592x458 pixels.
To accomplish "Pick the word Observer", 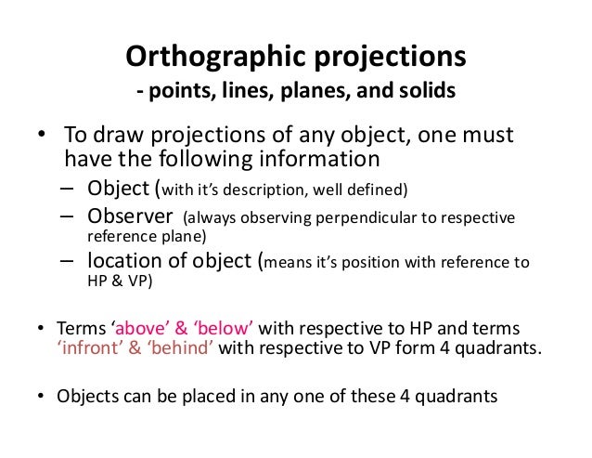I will pyautogui.click(x=130, y=217).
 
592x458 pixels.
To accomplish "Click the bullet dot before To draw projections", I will pyautogui.click(x=41, y=137).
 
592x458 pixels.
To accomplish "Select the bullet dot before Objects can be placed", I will pyautogui.click(x=41, y=396).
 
